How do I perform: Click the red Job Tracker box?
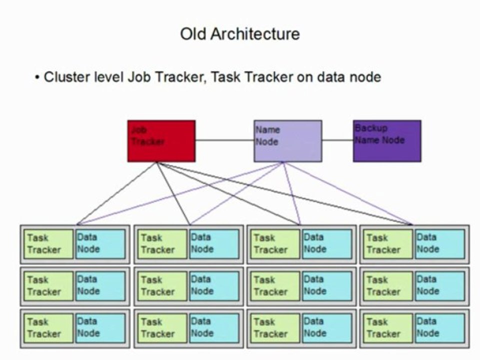[161, 141]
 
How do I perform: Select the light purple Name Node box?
[287, 141]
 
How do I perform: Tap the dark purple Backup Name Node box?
[387, 141]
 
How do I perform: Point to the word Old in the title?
[193, 34]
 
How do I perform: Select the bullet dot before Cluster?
[37, 78]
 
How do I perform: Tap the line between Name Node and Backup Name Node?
[337, 140]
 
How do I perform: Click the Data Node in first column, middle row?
[100, 286]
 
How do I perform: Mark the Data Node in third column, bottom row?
[326, 328]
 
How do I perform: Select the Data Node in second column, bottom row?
[213, 328]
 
